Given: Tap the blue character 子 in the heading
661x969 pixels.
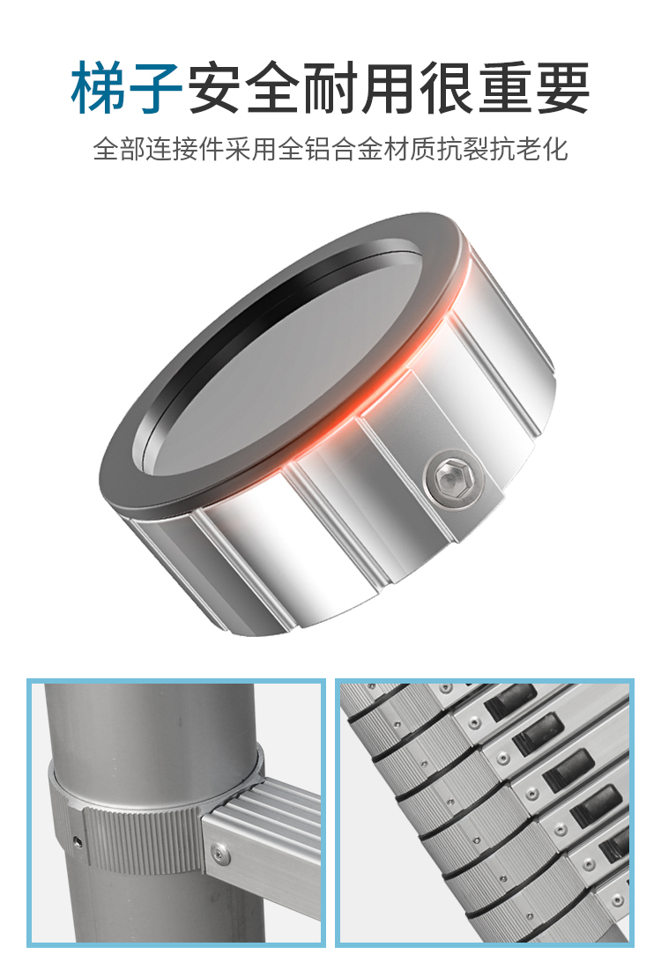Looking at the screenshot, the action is pos(154,88).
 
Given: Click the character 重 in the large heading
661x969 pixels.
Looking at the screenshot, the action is pos(504,88).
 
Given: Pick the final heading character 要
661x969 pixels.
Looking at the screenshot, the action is pos(562,88).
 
